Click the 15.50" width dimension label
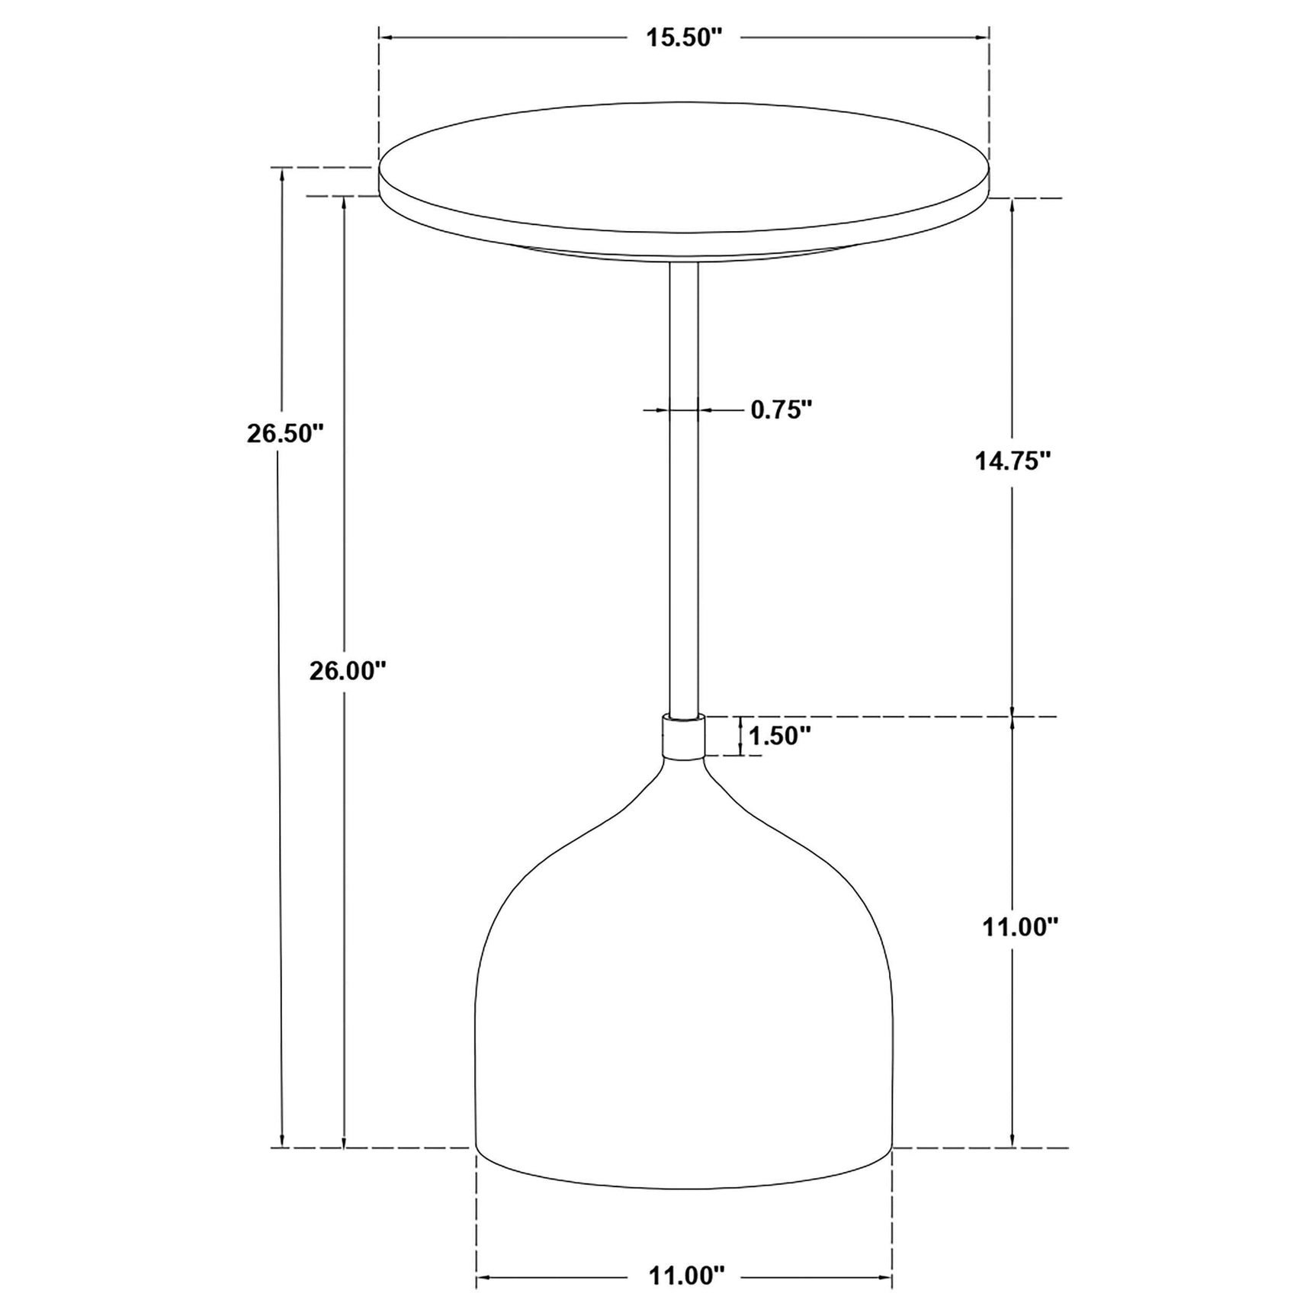click(x=683, y=38)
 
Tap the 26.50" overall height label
click(x=285, y=433)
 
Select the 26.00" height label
click(x=348, y=671)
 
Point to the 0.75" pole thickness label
click(x=781, y=410)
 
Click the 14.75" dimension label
click(x=1013, y=461)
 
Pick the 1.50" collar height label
click(x=779, y=736)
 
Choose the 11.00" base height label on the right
click(x=1020, y=926)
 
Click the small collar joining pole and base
click(x=683, y=737)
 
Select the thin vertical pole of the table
click(x=683, y=488)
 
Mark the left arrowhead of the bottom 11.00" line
click(x=483, y=1276)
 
